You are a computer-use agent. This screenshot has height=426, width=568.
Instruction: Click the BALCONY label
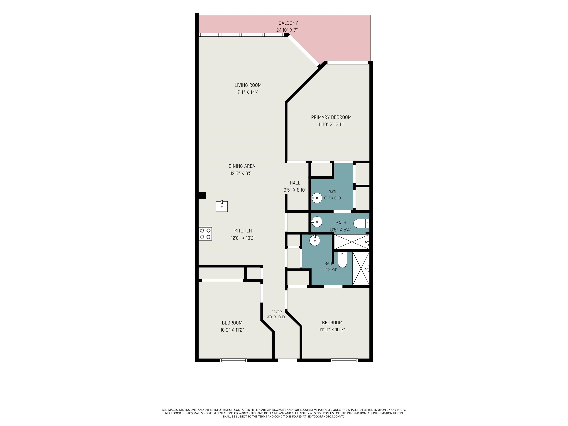(288, 23)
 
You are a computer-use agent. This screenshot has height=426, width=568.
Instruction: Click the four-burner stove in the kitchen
(205, 234)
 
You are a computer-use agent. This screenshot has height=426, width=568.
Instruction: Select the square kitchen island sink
(222, 206)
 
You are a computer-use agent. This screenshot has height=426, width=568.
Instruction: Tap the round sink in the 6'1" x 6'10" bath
(317, 198)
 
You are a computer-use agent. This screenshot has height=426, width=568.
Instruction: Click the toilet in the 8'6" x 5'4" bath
(361, 223)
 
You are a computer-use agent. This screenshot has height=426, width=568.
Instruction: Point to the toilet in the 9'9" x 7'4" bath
(342, 260)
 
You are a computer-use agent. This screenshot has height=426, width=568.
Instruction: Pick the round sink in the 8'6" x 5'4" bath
(317, 222)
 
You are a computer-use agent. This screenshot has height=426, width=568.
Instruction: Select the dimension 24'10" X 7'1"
(288, 30)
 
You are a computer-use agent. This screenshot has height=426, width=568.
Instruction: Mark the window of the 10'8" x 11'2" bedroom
(233, 360)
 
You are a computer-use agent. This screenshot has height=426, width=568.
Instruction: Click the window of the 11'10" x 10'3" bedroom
(344, 360)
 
